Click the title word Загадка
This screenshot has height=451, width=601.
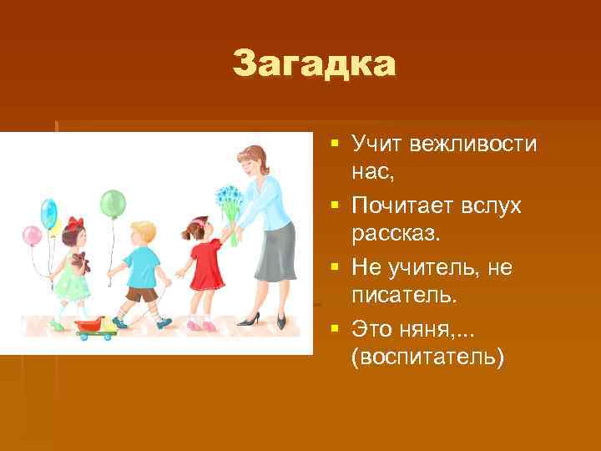coord(315,64)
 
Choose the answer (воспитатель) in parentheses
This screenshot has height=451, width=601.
coord(428,357)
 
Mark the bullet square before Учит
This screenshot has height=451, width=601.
coord(334,145)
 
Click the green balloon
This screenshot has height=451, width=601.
coord(113,203)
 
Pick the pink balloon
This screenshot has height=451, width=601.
coord(31,236)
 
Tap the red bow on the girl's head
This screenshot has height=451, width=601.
coord(76,224)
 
